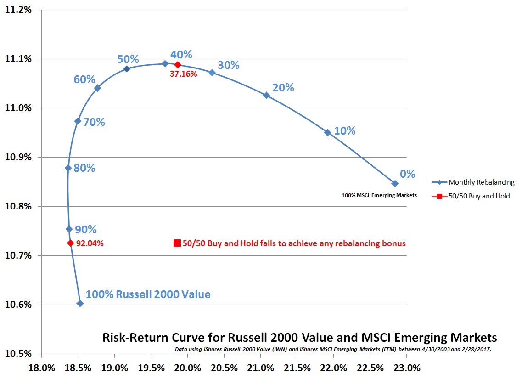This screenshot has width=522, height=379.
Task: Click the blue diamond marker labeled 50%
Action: (x=127, y=68)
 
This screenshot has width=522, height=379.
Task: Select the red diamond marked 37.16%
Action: (x=178, y=65)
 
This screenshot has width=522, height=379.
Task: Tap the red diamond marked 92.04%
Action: (x=70, y=243)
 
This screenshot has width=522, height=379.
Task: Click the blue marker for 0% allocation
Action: (x=395, y=183)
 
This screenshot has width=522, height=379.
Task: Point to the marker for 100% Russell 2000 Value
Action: (x=80, y=303)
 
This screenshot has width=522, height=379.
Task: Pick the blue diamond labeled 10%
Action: (x=327, y=132)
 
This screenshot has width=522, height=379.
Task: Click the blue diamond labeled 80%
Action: (x=68, y=168)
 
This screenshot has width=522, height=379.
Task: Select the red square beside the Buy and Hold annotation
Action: (x=177, y=243)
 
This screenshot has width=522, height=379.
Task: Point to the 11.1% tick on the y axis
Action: (x=18, y=59)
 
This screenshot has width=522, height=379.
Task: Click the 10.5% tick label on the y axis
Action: (x=18, y=354)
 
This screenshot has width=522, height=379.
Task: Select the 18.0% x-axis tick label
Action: (x=41, y=368)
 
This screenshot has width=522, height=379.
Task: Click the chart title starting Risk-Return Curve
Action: (x=299, y=338)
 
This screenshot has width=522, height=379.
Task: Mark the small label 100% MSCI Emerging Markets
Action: (x=379, y=195)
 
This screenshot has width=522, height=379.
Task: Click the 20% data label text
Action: (x=283, y=87)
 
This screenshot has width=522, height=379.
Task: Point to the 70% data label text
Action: (x=94, y=122)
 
